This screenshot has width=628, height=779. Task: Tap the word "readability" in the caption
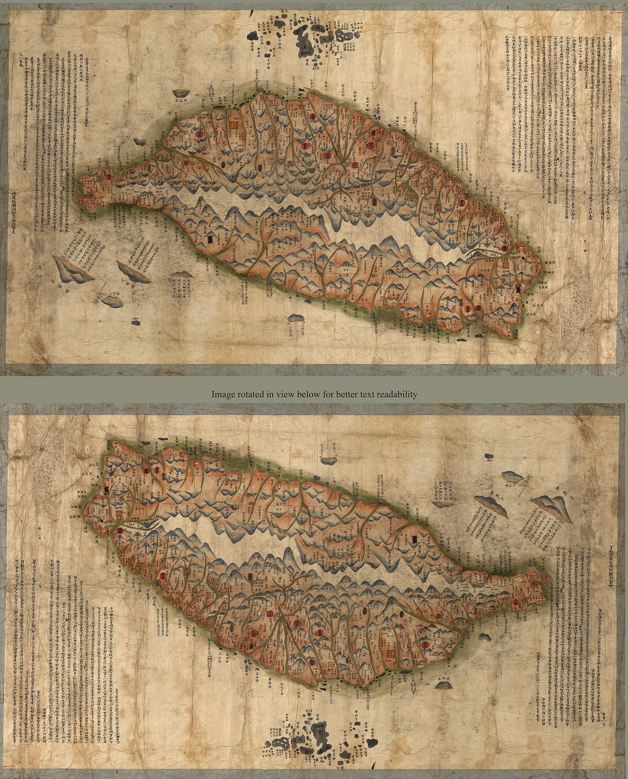pyautogui.click(x=397, y=394)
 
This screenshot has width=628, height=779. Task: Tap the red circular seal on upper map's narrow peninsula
pyautogui.click(x=108, y=176)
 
